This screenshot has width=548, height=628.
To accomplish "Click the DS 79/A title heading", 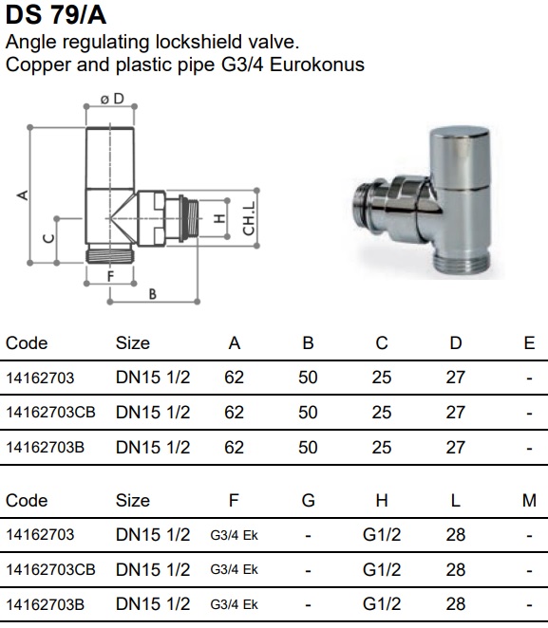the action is (56, 15).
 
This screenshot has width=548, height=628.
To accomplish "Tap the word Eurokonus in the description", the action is (317, 65).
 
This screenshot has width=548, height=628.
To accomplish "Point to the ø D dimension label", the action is (112, 99).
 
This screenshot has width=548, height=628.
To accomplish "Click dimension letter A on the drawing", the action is (23, 195).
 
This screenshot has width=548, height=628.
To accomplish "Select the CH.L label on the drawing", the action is (249, 218).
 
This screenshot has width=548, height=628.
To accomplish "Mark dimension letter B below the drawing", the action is (152, 294).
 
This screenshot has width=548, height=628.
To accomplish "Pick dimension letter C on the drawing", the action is (48, 238).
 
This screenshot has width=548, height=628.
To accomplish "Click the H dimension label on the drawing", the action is (218, 219).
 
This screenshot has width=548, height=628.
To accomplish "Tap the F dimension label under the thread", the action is (110, 276).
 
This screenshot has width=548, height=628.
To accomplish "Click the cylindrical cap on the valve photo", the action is (460, 157).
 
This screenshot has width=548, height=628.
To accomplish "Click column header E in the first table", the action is (529, 343).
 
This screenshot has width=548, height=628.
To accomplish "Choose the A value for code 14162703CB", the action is (235, 413).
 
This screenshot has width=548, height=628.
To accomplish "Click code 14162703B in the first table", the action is (46, 448).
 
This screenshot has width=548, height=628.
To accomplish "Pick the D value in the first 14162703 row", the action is (455, 378).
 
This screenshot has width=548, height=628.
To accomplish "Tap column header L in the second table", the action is (455, 501).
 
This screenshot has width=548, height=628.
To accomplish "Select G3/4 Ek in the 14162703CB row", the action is (235, 569).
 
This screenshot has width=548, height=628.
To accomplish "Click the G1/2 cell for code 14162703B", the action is (382, 604).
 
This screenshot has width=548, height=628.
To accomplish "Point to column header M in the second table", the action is (529, 501).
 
